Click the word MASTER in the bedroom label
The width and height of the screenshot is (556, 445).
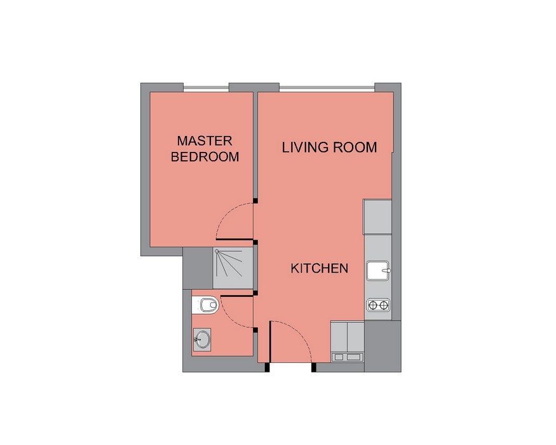(x=205, y=141)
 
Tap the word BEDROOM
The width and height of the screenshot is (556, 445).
(x=205, y=156)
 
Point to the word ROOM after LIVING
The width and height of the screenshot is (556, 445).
(x=355, y=147)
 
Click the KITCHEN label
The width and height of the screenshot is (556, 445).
(x=319, y=268)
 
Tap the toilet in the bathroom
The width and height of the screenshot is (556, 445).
(x=207, y=305)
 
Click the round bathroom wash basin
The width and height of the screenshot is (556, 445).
(x=202, y=339)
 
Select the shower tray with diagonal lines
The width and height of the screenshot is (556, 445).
(x=233, y=268)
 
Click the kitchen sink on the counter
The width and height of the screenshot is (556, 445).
(x=378, y=271)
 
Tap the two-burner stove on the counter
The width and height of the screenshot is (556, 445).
(x=378, y=305)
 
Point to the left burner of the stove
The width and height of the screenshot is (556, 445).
(x=373, y=305)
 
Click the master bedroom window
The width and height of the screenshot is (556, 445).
(x=206, y=87)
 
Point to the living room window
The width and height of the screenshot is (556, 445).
(x=327, y=88)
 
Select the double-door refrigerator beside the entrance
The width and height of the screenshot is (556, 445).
(x=348, y=341)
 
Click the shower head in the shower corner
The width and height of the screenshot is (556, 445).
(x=217, y=251)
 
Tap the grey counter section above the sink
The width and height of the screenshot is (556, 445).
(x=377, y=217)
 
